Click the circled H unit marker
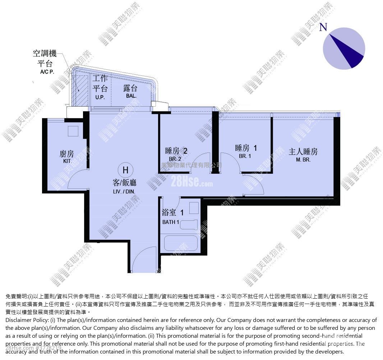pyautogui.click(x=125, y=170)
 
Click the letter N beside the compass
pyautogui.click(x=323, y=27)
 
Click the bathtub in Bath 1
pyautogui.click(x=181, y=243)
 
